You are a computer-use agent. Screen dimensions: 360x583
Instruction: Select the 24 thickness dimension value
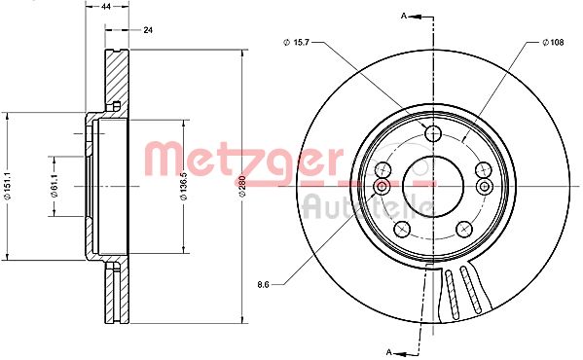[x=148, y=30]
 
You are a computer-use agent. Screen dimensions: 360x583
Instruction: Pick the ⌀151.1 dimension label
[x=8, y=183]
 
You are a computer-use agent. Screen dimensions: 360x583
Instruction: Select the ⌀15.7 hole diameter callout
[x=298, y=41]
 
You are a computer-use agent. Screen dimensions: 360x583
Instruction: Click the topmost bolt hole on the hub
[x=433, y=134]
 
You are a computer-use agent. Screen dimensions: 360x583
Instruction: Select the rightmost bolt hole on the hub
[x=484, y=171]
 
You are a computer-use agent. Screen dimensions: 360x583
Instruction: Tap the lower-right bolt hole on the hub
[x=464, y=229]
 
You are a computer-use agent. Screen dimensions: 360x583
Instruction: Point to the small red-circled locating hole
[x=382, y=185]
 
